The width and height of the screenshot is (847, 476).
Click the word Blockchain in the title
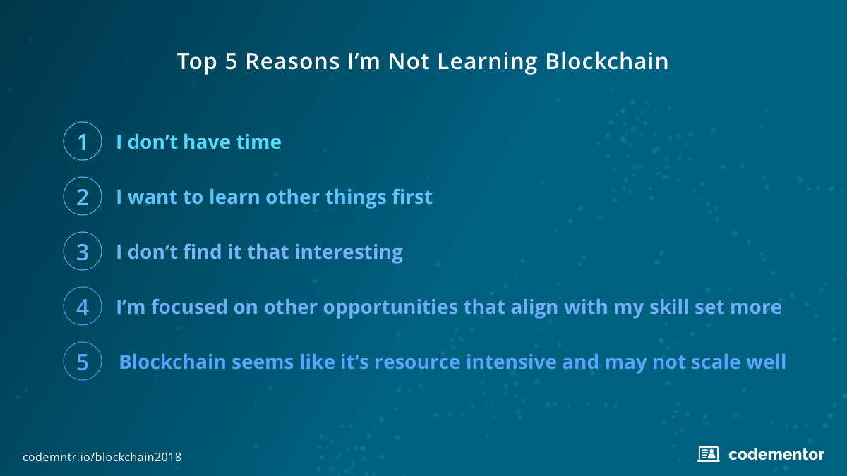[x=607, y=61]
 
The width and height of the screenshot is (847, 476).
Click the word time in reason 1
[x=258, y=142]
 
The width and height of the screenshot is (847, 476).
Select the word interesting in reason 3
[x=349, y=252]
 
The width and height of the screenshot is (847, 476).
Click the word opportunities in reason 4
[x=390, y=307]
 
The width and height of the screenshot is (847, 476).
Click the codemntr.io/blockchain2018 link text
[x=102, y=457]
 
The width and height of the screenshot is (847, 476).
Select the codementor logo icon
[x=708, y=454]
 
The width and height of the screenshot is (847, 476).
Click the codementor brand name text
[x=776, y=454]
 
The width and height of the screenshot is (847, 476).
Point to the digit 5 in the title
[x=231, y=61]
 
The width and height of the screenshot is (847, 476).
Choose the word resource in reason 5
[x=417, y=362]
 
